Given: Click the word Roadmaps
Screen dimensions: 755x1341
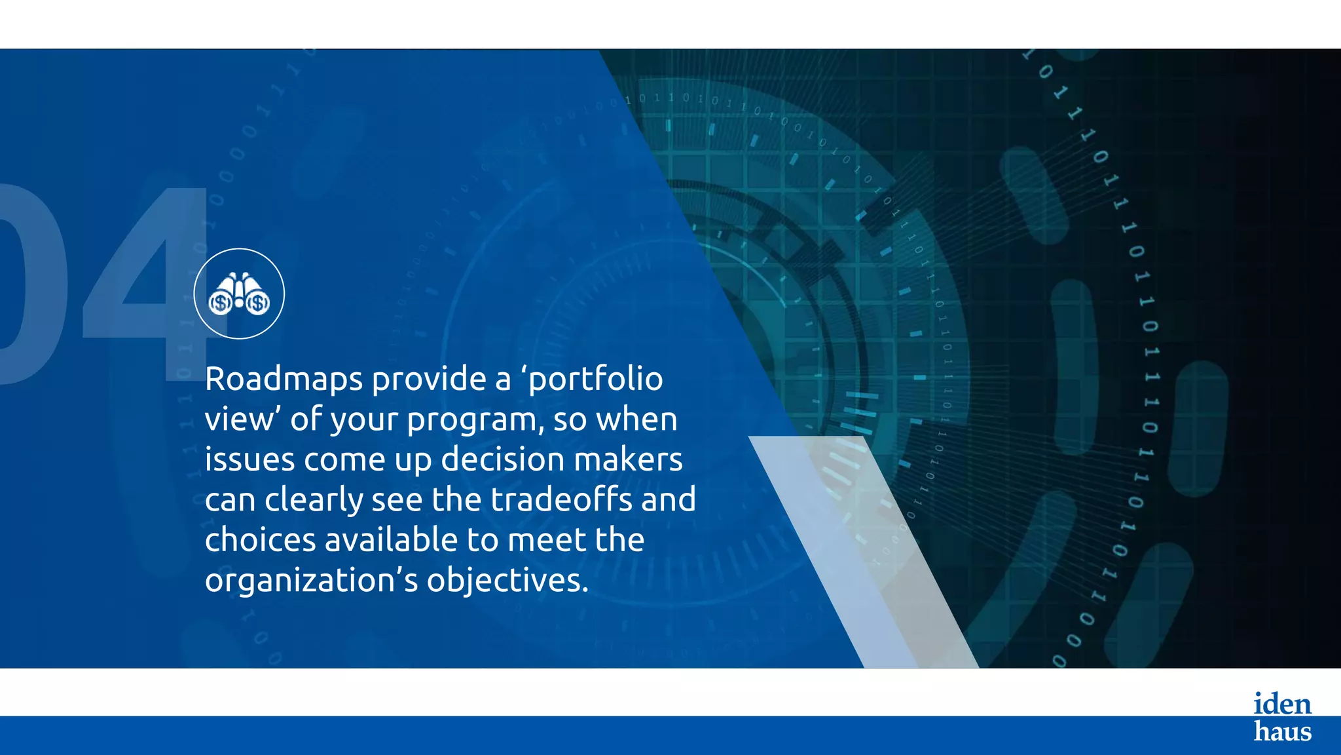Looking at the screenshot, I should pos(284,379).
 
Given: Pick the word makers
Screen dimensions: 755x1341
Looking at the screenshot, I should pos(629,459).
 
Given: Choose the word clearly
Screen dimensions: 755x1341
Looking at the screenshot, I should pos(314,501).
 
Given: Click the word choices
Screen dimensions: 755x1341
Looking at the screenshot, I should pos(261,540).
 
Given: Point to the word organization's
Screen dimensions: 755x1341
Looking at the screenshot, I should pos(311,581).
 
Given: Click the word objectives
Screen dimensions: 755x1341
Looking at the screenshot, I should pos(507,581).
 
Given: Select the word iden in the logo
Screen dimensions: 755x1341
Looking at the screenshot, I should pos(1282,704).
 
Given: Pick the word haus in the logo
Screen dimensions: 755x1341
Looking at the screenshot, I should pos(1282,731).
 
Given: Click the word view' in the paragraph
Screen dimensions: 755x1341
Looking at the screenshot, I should pos(242,419).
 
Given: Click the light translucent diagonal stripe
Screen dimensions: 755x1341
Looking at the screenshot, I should pos(864,551).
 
